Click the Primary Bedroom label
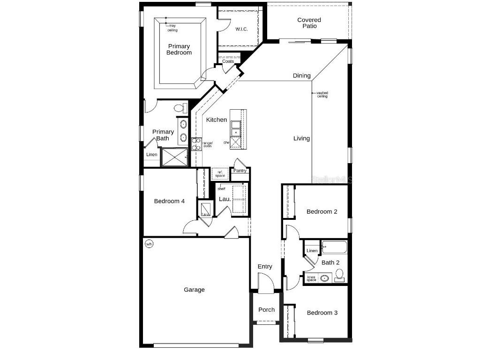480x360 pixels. tap(179, 49)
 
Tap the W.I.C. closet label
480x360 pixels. tap(241, 29)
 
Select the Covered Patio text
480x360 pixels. tap(309, 23)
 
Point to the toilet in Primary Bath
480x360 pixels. tap(179, 108)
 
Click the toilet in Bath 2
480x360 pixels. tap(339, 274)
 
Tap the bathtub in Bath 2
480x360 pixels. tap(334, 247)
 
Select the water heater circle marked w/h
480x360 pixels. tap(149, 244)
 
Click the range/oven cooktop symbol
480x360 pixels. tap(196, 144)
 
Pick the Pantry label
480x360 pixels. tap(240, 171)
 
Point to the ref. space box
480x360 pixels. tap(220, 173)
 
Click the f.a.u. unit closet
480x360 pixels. tap(205, 209)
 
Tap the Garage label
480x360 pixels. tap(194, 290)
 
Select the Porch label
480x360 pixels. tap(267, 309)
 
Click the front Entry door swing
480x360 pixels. tap(266, 284)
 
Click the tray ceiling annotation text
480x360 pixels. tap(172, 28)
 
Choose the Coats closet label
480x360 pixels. tap(228, 61)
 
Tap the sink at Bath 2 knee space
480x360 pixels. tap(324, 278)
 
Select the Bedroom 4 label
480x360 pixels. tap(169, 201)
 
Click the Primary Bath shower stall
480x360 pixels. tap(174, 157)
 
